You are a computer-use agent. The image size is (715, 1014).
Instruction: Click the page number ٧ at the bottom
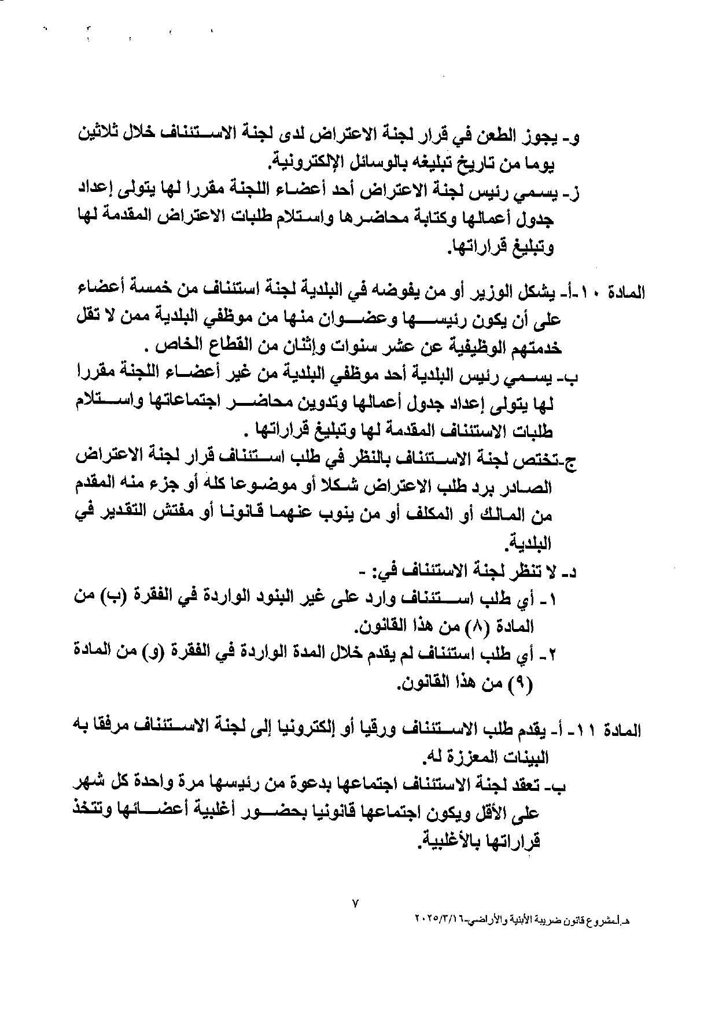point(355,902)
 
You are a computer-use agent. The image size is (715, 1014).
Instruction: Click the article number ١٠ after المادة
point(596,293)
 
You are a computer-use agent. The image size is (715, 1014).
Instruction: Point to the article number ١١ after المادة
point(596,730)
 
